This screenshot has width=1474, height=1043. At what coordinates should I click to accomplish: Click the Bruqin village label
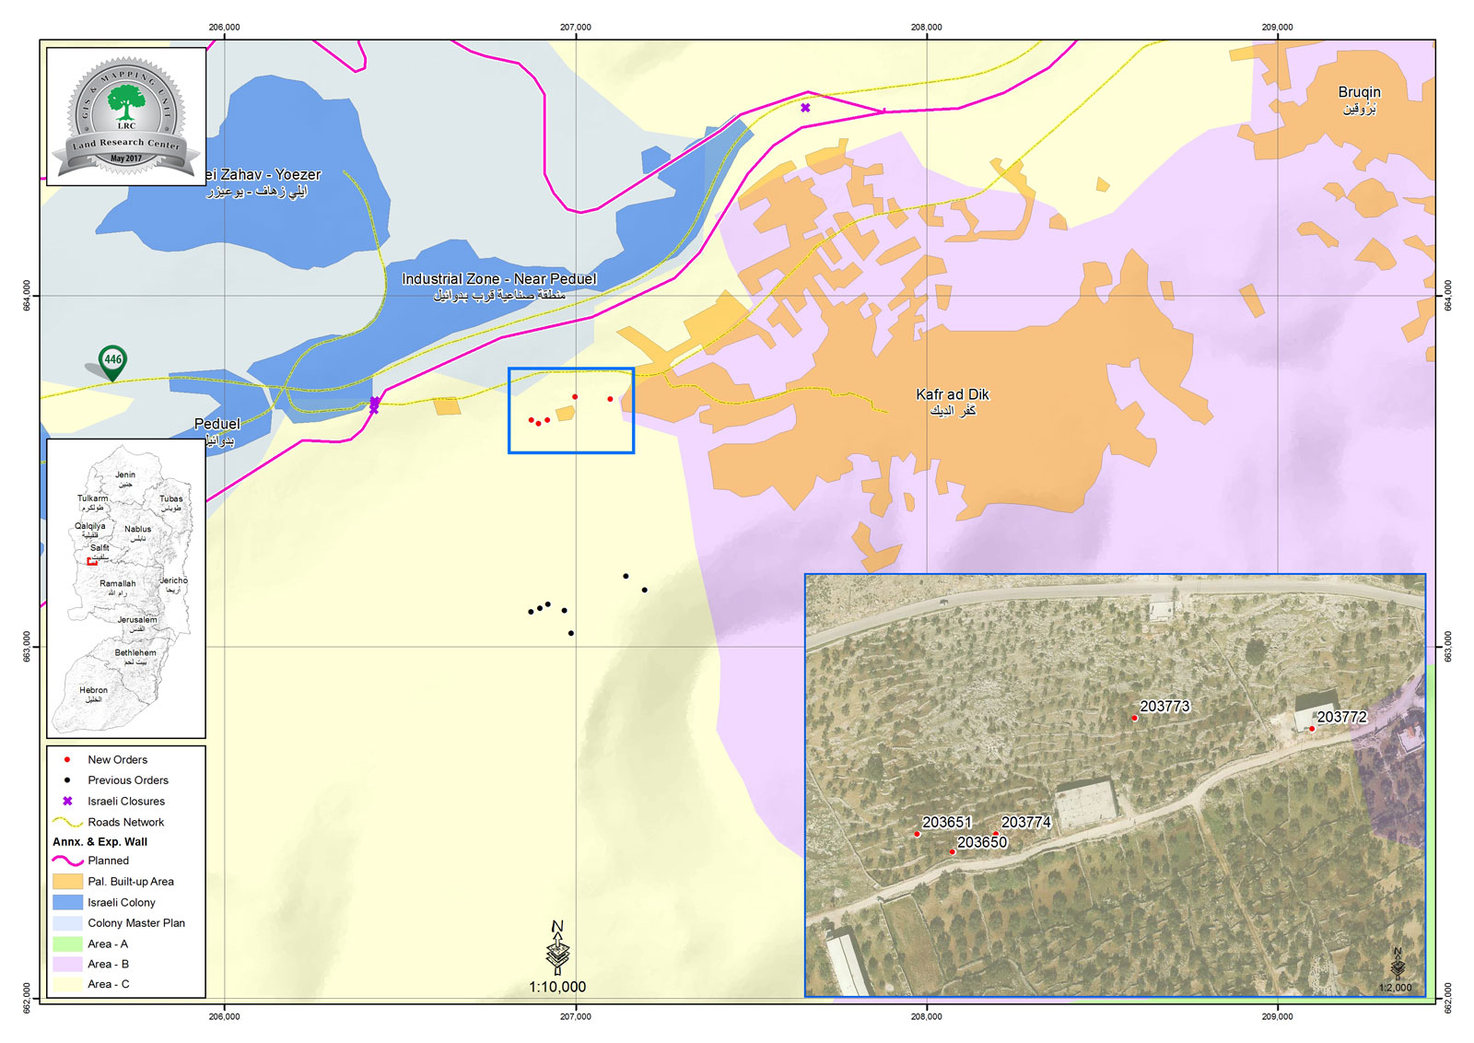click(1359, 93)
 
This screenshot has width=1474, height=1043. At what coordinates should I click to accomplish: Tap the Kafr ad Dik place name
click(952, 394)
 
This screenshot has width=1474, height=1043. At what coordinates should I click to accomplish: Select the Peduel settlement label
click(217, 424)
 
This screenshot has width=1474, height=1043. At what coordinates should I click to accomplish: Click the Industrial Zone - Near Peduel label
click(498, 279)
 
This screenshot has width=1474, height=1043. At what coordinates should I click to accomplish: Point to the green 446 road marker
click(112, 360)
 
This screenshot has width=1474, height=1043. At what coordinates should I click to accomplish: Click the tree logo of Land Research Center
click(126, 100)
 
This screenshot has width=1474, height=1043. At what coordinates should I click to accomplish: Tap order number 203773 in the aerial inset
click(1164, 707)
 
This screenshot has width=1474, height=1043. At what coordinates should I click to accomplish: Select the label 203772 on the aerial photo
click(1341, 717)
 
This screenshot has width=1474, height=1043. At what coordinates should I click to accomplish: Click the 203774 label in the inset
click(1025, 822)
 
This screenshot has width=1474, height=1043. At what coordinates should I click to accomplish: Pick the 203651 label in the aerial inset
click(947, 822)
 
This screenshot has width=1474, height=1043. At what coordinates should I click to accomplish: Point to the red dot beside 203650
click(952, 851)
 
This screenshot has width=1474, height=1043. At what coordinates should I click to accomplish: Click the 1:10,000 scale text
click(557, 987)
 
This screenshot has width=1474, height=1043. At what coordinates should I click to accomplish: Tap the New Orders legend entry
click(117, 760)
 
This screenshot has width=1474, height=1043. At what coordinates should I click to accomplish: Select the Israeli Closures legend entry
click(126, 802)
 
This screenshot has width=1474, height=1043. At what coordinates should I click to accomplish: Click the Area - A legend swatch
click(68, 943)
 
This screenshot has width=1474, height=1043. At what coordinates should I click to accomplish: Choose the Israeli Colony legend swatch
click(68, 902)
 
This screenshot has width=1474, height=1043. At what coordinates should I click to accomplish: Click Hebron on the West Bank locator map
click(93, 690)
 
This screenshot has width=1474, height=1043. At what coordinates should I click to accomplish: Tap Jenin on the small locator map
click(125, 475)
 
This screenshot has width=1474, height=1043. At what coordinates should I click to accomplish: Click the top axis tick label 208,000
click(926, 27)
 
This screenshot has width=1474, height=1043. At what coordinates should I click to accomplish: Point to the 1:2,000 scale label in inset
click(1395, 987)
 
